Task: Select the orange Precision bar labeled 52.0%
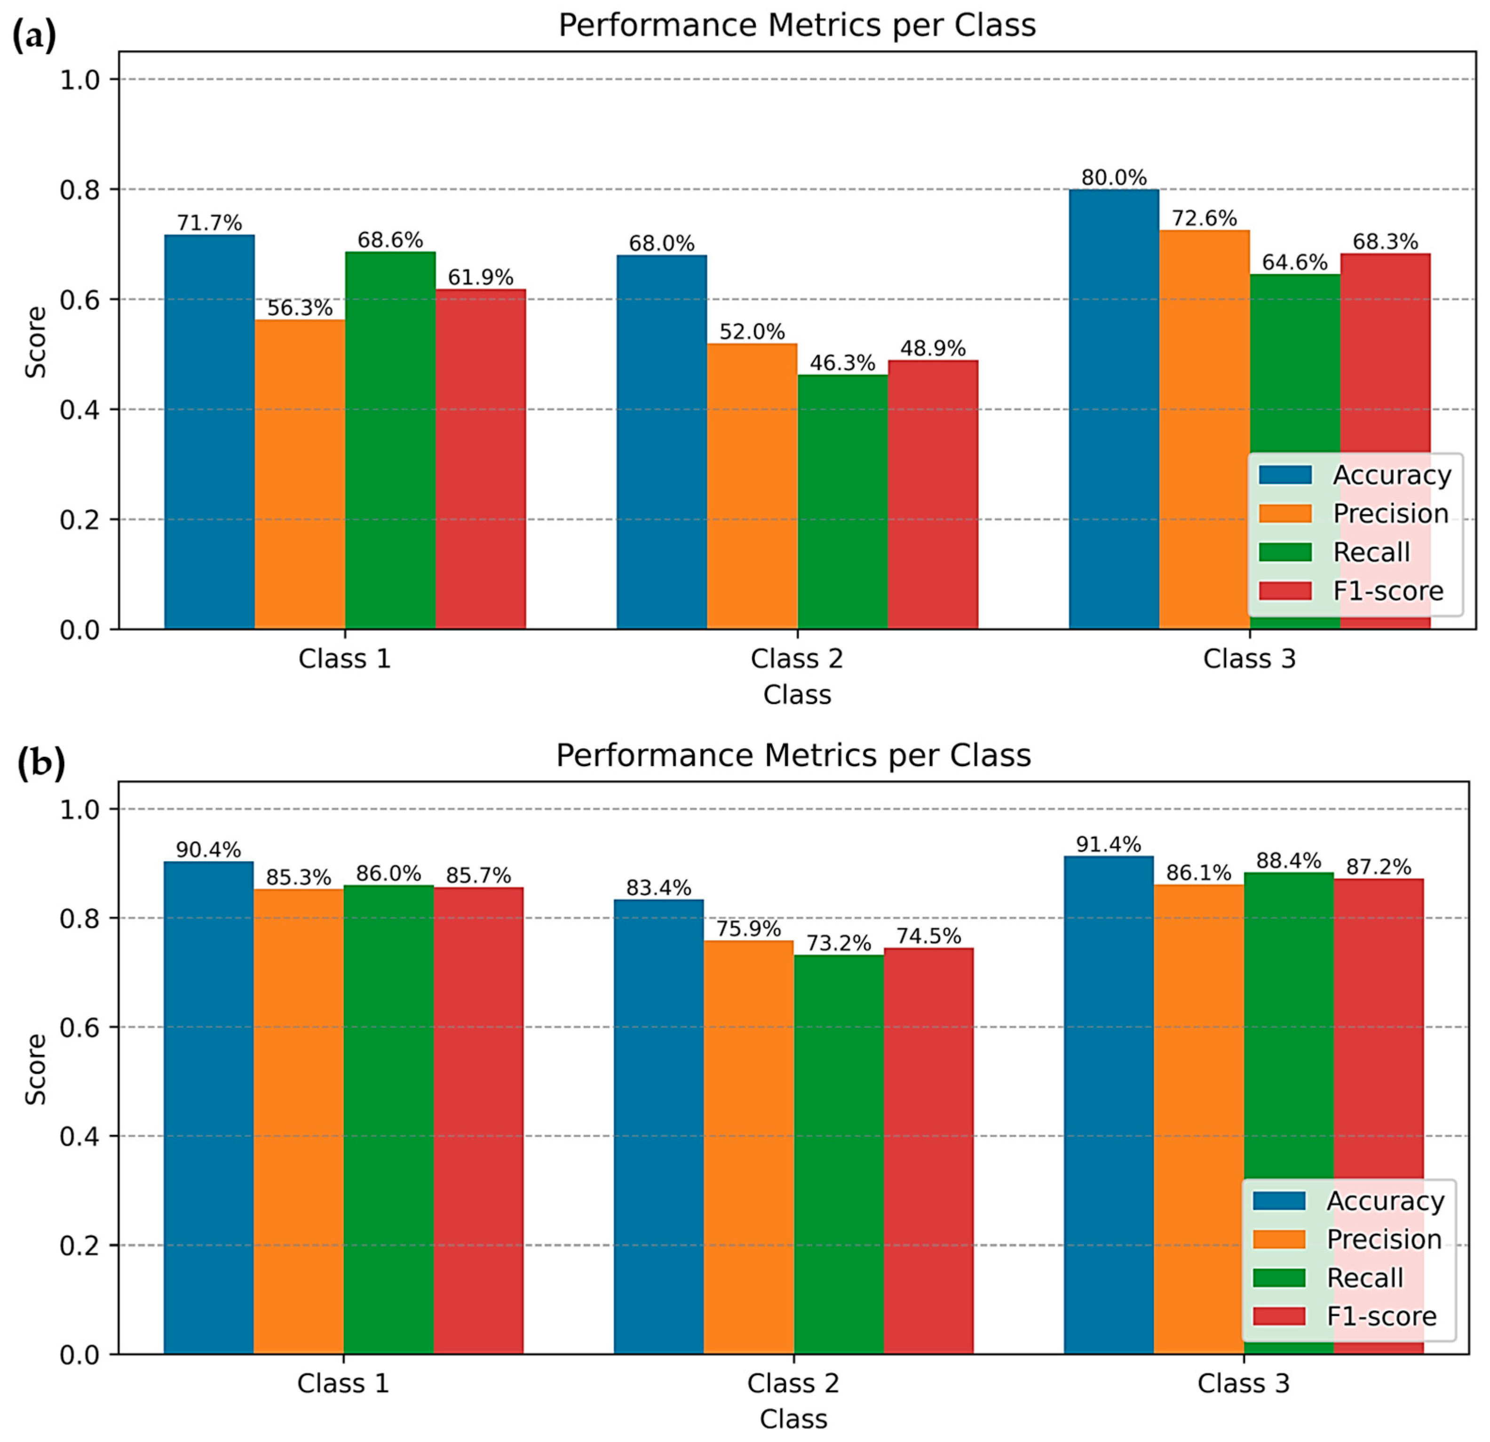pyautogui.click(x=752, y=486)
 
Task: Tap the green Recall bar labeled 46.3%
pyautogui.click(x=842, y=502)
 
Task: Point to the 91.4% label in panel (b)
pyautogui.click(x=1109, y=845)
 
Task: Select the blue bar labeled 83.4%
pyautogui.click(x=658, y=1125)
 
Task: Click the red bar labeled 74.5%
pyautogui.click(x=928, y=1148)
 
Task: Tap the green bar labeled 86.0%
pyautogui.click(x=388, y=1117)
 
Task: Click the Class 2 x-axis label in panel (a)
pyautogui.click(x=797, y=658)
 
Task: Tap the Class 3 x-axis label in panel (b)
pyautogui.click(x=1244, y=1383)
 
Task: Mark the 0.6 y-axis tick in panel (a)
pyautogui.click(x=80, y=300)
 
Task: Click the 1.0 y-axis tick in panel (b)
pyautogui.click(x=80, y=809)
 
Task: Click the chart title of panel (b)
pyautogui.click(x=793, y=756)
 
